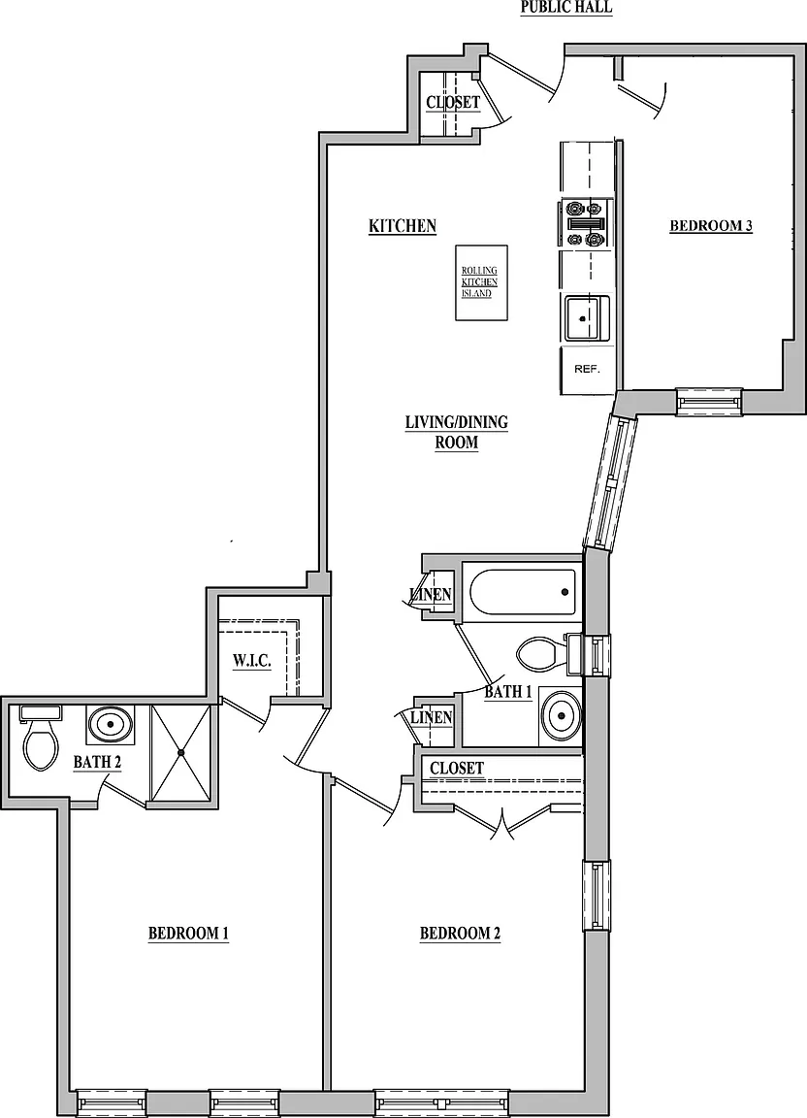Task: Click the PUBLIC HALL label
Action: click(566, 7)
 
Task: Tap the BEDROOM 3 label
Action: click(711, 226)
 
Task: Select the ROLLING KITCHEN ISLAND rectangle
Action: click(481, 283)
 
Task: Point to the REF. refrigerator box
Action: click(588, 370)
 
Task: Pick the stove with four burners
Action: click(584, 224)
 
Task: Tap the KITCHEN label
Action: click(403, 226)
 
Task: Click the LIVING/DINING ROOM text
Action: click(456, 432)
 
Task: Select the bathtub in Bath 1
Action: click(522, 593)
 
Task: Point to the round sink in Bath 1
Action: click(561, 714)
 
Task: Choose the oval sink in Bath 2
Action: click(111, 724)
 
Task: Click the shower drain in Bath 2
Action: click(181, 752)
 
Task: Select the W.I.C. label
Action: click(251, 661)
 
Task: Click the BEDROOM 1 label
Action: click(188, 934)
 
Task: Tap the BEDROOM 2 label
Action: click(460, 934)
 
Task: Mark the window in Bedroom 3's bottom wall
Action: click(709, 402)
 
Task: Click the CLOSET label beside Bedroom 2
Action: click(456, 768)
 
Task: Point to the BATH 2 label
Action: click(97, 762)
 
